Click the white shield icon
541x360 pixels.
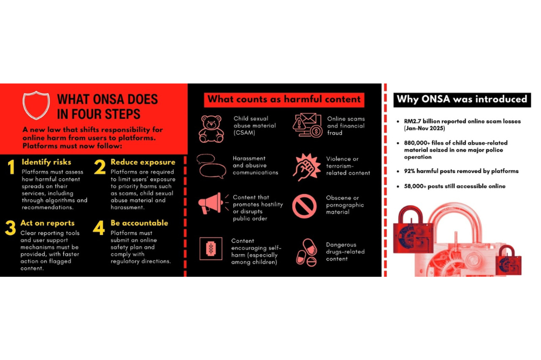coord(36,105)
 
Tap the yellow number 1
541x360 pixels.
coord(11,167)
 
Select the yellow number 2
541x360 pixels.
coord(100,167)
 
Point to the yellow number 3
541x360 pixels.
coord(10,228)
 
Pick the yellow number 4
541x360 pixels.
coord(99,228)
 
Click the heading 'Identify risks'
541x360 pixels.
coord(46,162)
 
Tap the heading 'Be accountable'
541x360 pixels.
coord(140,223)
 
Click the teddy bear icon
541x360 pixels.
coord(211,129)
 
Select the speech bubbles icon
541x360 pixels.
coord(211,166)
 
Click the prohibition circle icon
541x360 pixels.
coord(304,206)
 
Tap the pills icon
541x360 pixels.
coord(306,253)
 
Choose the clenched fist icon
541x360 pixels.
coord(306,167)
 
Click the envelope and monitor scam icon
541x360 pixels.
coord(307,125)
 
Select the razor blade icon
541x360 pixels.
coord(211,248)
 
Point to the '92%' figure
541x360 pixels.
coord(410,171)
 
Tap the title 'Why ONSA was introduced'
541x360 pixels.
coord(462,99)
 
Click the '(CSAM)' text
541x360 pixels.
coord(245,133)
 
